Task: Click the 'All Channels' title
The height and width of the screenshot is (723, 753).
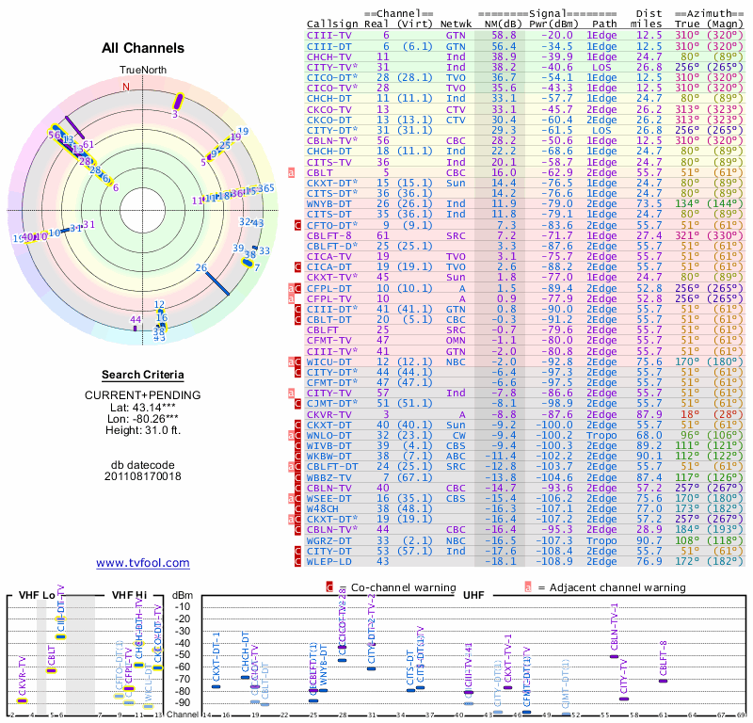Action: [x=143, y=48]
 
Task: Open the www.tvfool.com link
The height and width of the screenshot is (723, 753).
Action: [x=143, y=563]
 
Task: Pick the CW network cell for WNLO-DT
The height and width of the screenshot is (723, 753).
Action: [x=456, y=435]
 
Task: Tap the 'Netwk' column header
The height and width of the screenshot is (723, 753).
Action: [x=456, y=23]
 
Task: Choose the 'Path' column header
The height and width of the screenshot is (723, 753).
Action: [x=604, y=23]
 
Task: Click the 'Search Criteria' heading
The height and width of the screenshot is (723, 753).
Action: [x=143, y=375]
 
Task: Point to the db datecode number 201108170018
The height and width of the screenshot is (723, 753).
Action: [x=143, y=475]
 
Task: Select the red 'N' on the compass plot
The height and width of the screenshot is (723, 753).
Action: [x=125, y=87]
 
